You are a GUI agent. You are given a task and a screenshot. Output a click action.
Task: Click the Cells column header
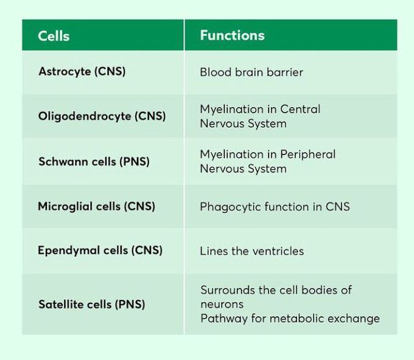54,36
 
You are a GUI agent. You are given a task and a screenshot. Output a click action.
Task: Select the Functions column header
232,35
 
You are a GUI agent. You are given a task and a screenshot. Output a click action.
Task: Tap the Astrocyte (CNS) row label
82,72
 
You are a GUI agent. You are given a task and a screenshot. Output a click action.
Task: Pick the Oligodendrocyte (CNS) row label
102,116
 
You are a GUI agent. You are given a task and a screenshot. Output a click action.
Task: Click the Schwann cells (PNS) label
94,162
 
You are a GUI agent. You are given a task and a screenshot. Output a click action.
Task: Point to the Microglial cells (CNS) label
96,206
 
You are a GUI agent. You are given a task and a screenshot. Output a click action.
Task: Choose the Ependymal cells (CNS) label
100,251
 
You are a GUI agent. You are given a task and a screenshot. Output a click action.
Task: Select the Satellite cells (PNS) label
91,304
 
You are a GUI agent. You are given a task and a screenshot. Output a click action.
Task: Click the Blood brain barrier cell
251,72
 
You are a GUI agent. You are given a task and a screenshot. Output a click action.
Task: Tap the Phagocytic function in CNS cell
275,207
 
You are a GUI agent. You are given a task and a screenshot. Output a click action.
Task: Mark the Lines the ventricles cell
251,251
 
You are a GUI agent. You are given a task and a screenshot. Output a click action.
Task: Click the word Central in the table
300,109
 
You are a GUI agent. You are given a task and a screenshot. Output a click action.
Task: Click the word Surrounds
228,290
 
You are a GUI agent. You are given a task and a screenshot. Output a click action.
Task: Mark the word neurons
222,303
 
